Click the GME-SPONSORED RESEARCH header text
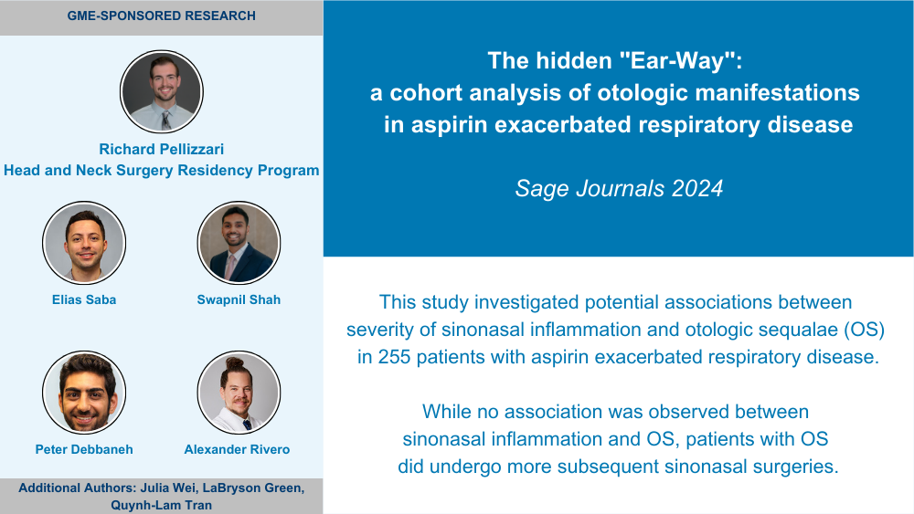point(162,16)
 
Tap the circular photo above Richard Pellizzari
point(162,91)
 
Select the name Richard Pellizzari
point(162,149)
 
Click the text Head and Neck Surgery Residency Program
point(162,170)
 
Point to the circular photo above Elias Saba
point(84,243)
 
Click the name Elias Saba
point(84,299)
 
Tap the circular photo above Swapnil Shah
point(239,243)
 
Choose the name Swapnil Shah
point(239,299)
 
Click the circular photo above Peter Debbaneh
point(84,393)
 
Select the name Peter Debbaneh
point(84,449)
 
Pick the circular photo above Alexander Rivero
point(239,393)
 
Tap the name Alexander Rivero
point(238,449)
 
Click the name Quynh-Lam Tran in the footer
point(162,505)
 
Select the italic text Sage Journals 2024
point(619,188)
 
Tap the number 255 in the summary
point(394,356)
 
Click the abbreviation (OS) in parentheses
point(865,330)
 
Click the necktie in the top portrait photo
point(166,120)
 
